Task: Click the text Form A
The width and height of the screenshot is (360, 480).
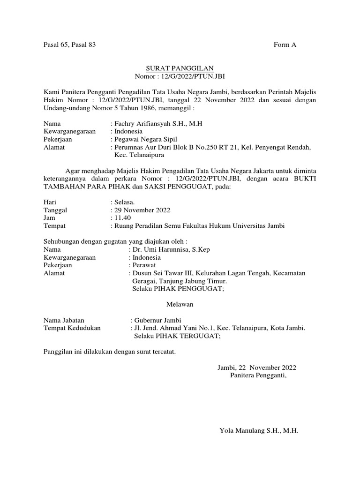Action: pyautogui.click(x=285, y=45)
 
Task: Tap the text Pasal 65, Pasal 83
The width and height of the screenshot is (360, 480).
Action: pyautogui.click(x=69, y=45)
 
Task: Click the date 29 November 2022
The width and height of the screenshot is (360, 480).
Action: pyautogui.click(x=142, y=210)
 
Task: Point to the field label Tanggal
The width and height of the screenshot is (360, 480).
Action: pyautogui.click(x=55, y=210)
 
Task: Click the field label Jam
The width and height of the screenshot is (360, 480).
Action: pyautogui.click(x=49, y=218)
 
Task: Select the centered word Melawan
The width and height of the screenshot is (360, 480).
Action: pyautogui.click(x=180, y=304)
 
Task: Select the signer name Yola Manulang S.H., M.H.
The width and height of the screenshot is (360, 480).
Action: pyautogui.click(x=259, y=430)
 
